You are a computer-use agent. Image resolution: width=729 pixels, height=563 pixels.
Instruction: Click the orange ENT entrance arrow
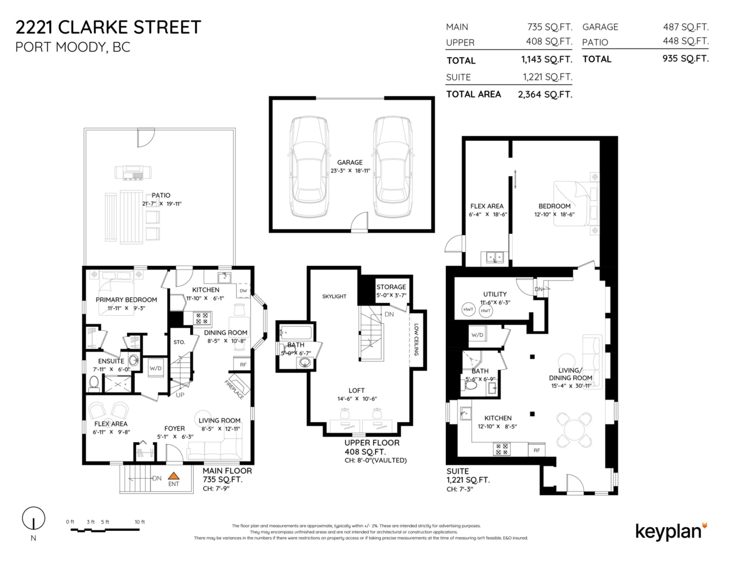tap(174, 477)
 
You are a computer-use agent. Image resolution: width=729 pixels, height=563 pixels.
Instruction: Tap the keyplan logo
tap(671, 530)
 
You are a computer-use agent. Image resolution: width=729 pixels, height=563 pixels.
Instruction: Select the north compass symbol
tap(33, 519)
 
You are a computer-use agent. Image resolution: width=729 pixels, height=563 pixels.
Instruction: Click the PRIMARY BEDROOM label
tap(126, 299)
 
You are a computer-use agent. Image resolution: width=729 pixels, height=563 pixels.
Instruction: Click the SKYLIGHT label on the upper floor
tap(334, 296)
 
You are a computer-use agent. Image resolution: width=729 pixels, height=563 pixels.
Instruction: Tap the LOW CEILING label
tap(417, 338)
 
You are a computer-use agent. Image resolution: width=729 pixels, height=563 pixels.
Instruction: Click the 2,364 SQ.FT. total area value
tap(545, 94)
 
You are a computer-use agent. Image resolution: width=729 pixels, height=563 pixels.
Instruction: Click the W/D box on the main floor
tap(156, 367)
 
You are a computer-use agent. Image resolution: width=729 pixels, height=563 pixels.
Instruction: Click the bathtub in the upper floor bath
tap(296, 333)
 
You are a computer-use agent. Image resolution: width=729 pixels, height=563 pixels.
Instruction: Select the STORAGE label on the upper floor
tap(391, 287)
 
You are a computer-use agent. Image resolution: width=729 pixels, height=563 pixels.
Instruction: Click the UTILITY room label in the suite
tap(495, 294)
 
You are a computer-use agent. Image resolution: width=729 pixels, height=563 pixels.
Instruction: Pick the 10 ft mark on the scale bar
tap(140, 522)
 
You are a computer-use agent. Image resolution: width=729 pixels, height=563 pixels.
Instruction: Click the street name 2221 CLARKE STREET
tap(108, 27)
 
